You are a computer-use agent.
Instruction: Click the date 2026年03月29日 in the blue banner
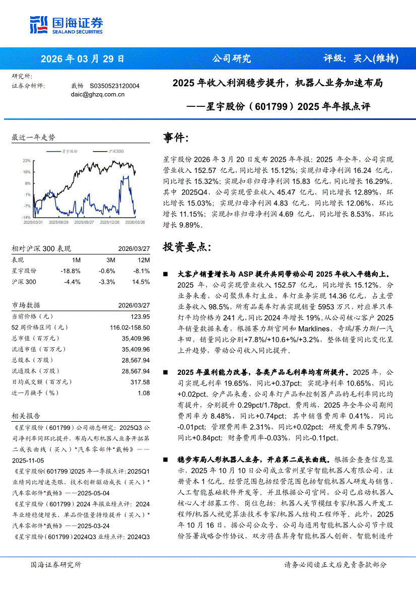click(x=82, y=58)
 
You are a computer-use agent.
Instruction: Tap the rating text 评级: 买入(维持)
click(x=361, y=58)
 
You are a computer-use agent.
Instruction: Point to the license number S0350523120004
click(x=114, y=86)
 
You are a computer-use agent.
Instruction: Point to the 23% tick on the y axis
click(x=27, y=160)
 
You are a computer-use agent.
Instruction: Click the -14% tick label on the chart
click(x=26, y=217)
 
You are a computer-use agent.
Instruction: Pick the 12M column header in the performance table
click(x=144, y=260)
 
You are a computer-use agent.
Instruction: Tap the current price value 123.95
click(x=140, y=316)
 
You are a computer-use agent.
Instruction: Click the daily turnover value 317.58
click(x=140, y=382)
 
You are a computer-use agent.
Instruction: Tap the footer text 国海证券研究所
click(x=55, y=565)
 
